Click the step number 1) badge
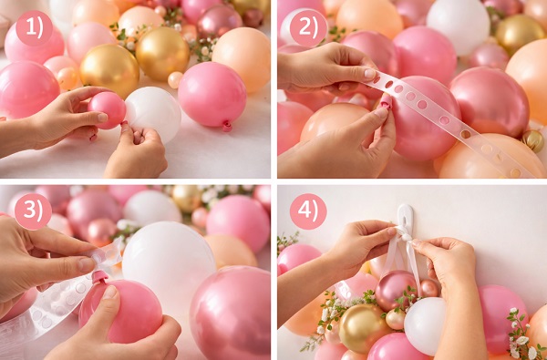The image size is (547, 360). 35,28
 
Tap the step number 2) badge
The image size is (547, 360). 308,28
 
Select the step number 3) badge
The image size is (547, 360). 33,211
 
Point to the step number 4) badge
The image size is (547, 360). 308,211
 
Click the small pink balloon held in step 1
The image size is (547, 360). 107,110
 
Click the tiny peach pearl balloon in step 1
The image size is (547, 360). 175,80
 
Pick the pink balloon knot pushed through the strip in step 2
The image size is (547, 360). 386,102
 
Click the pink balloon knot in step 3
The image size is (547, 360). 99,277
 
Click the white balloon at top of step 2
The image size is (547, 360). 458,26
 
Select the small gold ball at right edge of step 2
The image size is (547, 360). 532,141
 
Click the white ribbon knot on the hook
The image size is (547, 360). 406,236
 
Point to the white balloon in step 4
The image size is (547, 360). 425,325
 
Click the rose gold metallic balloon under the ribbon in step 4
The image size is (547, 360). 396,290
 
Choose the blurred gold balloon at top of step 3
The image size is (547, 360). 186,198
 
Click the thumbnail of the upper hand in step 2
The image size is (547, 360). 370,73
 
